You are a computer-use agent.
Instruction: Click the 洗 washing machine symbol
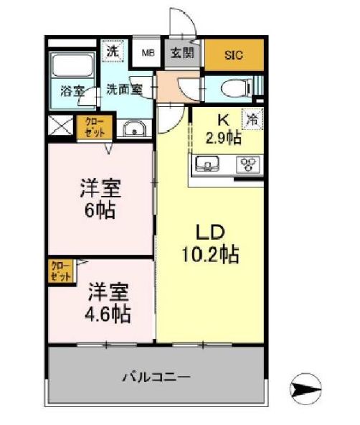[112, 52]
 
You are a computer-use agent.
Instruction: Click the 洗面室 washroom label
[124, 90]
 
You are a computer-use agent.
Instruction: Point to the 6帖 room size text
[100, 210]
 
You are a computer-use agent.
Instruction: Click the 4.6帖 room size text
[109, 314]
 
